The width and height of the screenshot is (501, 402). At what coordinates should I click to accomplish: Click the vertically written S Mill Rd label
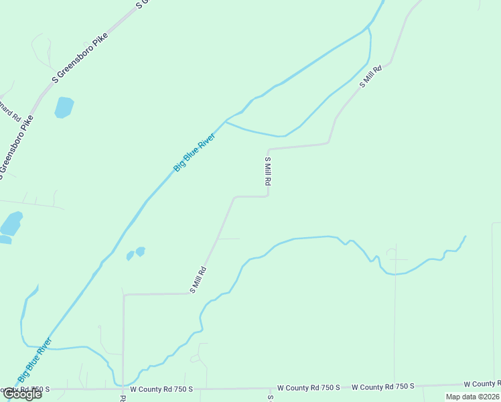tap(268, 172)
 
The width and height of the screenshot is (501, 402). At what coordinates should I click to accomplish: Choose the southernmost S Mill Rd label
tap(198, 280)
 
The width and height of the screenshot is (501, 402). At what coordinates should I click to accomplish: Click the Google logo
tap(22, 394)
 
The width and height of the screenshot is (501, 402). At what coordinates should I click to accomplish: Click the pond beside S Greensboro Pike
tap(64, 107)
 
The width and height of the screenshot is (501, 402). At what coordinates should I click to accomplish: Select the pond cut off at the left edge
tap(10, 224)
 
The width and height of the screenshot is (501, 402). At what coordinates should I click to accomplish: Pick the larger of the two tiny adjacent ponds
tap(140, 251)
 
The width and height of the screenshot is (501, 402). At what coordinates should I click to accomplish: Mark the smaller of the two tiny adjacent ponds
tap(130, 255)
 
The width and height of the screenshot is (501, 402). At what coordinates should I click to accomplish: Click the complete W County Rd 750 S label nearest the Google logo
tap(161, 389)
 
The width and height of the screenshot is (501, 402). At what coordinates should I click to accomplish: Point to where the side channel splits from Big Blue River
tap(226, 121)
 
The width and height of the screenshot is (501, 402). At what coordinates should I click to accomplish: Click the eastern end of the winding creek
tap(465, 237)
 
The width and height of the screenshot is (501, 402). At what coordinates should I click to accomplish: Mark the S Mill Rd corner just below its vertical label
tap(268, 196)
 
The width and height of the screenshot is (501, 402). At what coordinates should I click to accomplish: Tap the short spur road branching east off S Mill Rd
tap(228, 239)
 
